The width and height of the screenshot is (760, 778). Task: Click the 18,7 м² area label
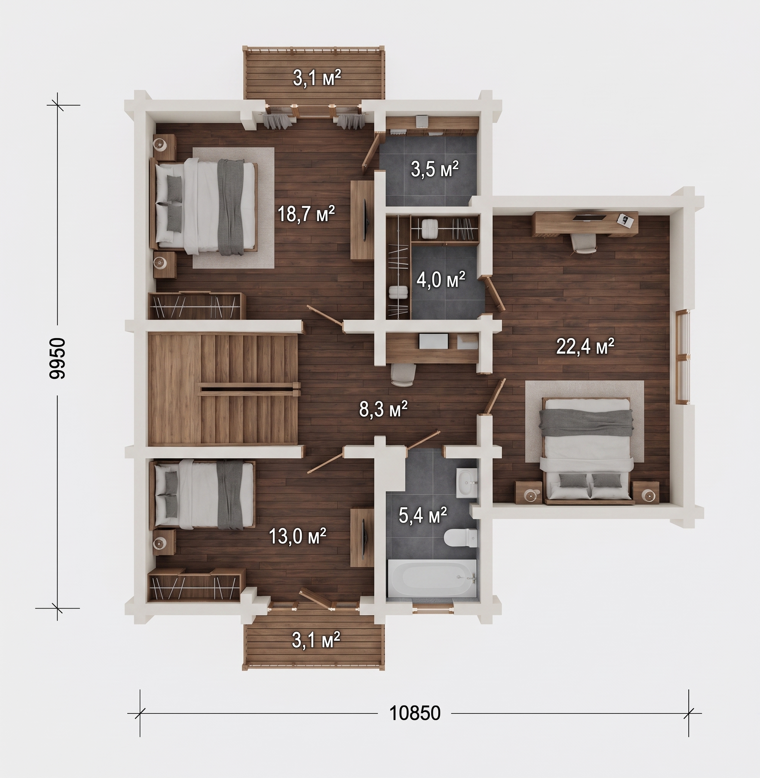(306, 214)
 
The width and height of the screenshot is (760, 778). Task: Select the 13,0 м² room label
(298, 536)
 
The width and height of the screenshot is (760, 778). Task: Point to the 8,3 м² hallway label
(383, 409)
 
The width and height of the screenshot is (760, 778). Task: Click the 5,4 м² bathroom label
(423, 515)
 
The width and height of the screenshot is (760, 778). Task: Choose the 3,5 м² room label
(435, 169)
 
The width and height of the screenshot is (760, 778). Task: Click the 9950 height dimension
(57, 358)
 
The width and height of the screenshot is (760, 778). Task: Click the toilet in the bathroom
(461, 537)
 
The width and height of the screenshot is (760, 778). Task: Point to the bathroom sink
(466, 483)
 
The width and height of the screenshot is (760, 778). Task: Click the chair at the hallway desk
(403, 375)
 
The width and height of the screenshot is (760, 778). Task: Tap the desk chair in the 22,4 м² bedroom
(584, 243)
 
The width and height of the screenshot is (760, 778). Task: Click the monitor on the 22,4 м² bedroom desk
(589, 217)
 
